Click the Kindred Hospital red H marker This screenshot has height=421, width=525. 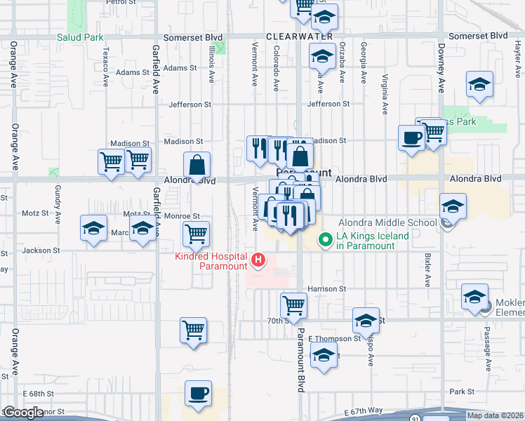coord(258,261)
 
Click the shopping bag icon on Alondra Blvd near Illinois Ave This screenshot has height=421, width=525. coord(198,166)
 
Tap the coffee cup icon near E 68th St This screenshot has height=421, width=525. coord(198,392)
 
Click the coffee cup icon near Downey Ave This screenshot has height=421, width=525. coord(411,138)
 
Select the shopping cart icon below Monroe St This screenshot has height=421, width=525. coord(196,234)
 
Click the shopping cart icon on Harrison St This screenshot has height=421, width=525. coord(293,305)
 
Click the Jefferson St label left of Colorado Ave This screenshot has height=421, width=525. coord(190,105)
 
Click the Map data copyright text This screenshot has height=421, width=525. coord(496,415)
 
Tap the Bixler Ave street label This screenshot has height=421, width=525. coord(427,270)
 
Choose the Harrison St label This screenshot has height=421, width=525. coord(327,288)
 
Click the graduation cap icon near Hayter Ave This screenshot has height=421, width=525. coord(479,84)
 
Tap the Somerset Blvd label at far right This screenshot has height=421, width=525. coord(477,35)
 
